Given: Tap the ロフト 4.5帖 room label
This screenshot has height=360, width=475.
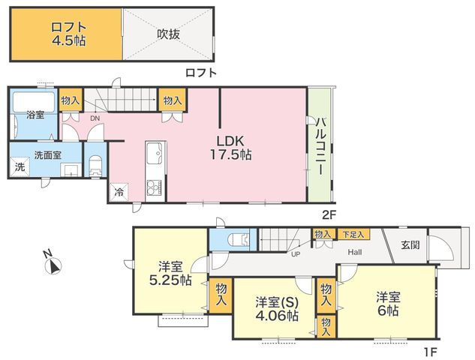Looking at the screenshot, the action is [x=68, y=34].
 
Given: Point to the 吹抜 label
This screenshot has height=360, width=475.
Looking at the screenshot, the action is [x=168, y=34].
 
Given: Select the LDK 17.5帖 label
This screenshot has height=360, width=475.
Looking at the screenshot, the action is [x=231, y=148].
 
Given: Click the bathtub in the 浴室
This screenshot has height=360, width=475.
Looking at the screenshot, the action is [x=34, y=103].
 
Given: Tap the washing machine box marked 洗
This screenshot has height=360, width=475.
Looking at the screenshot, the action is [x=20, y=166].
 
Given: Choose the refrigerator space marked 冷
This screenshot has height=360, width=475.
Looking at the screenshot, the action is [x=119, y=192].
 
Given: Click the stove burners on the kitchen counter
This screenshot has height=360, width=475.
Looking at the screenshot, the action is [x=155, y=187].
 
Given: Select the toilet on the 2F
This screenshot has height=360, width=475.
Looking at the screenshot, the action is [x=96, y=166].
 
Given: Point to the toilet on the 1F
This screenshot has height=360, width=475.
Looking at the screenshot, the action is [x=239, y=239].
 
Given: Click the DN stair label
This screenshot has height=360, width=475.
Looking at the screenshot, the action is [x=95, y=118].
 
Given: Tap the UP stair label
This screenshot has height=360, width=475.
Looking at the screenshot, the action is [x=296, y=255].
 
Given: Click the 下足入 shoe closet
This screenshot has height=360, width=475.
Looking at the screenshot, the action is [x=353, y=234].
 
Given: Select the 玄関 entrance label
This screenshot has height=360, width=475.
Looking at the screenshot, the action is [x=410, y=244].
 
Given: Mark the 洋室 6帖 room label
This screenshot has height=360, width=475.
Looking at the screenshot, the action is [x=388, y=304].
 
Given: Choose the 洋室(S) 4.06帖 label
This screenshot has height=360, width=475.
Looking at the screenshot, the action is [x=277, y=308].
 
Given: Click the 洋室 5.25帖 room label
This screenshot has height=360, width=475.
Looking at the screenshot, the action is [x=170, y=274].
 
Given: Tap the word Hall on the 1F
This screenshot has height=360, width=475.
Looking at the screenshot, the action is [x=354, y=252].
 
